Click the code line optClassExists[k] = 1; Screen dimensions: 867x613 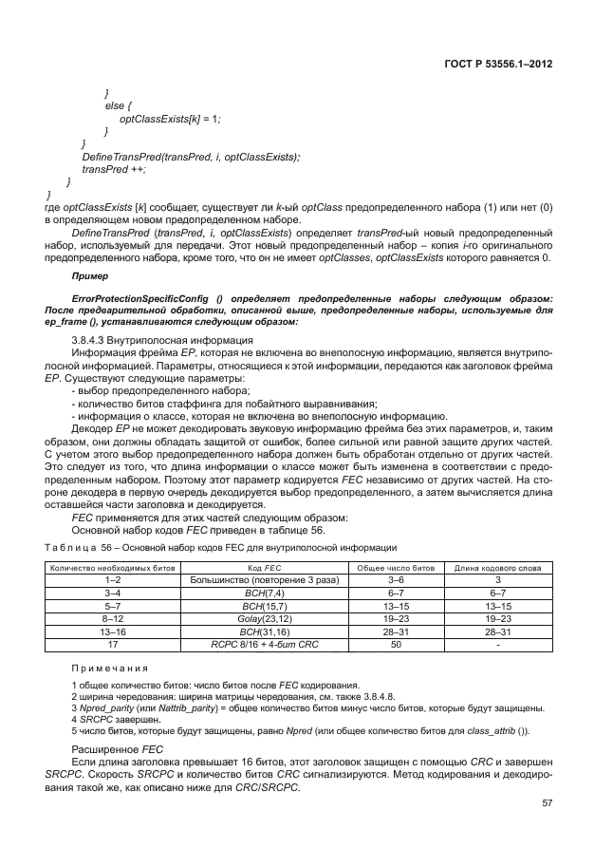click(x=169, y=118)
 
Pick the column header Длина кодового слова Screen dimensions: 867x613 click(x=498, y=567)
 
